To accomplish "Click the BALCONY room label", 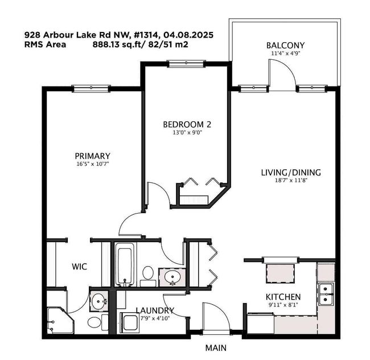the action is [285, 46].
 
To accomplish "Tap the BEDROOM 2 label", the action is [187, 124].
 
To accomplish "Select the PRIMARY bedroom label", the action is [92, 156].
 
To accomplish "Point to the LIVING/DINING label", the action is [291, 173].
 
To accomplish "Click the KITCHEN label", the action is [283, 297].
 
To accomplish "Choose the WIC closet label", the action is [80, 267].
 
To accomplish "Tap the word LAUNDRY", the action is [155, 310].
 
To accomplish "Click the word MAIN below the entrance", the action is [216, 347].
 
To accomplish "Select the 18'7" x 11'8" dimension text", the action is [291, 181].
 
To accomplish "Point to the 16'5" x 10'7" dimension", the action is [92, 164].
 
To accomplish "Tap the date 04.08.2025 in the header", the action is [188, 35].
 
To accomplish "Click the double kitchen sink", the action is [326, 294].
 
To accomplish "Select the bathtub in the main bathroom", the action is [124, 264].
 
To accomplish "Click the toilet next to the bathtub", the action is [148, 276].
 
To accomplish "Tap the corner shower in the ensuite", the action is [60, 320].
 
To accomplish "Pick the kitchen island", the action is [281, 273].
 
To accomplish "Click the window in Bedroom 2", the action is [186, 63].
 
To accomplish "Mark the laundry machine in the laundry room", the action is [130, 322].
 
